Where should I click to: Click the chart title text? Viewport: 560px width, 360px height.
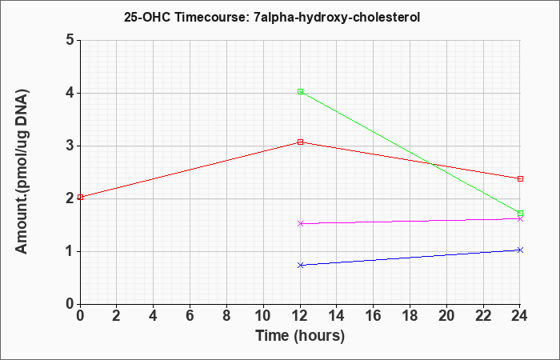[x=272, y=18]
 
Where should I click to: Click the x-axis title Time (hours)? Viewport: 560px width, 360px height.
[x=300, y=336]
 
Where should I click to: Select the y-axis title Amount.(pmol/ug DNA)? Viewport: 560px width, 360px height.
[x=22, y=172]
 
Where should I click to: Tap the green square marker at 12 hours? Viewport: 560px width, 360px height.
[x=300, y=92]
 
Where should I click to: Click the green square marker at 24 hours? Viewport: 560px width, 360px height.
[x=520, y=214]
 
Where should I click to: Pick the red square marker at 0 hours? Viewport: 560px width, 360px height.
[x=80, y=197]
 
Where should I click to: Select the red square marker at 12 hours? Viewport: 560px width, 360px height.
[x=300, y=142]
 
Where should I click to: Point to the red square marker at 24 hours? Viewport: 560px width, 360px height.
[x=520, y=178]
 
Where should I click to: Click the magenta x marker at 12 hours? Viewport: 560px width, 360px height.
[x=300, y=223]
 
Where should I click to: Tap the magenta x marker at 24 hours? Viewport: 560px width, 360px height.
[x=520, y=219]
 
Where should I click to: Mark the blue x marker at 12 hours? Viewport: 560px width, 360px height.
[x=300, y=265]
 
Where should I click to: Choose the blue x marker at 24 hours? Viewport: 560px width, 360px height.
[x=520, y=250]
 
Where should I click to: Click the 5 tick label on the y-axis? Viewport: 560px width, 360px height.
[x=70, y=40]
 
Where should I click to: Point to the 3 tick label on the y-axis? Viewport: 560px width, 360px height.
[x=70, y=146]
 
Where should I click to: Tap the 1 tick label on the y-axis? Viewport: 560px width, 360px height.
[x=70, y=251]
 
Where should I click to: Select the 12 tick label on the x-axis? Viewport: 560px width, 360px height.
[x=300, y=316]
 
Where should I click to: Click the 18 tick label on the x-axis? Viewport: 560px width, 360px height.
[x=410, y=316]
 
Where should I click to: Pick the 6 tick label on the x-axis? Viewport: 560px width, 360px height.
[x=190, y=316]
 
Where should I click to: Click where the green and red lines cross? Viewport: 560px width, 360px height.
[x=432, y=164]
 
